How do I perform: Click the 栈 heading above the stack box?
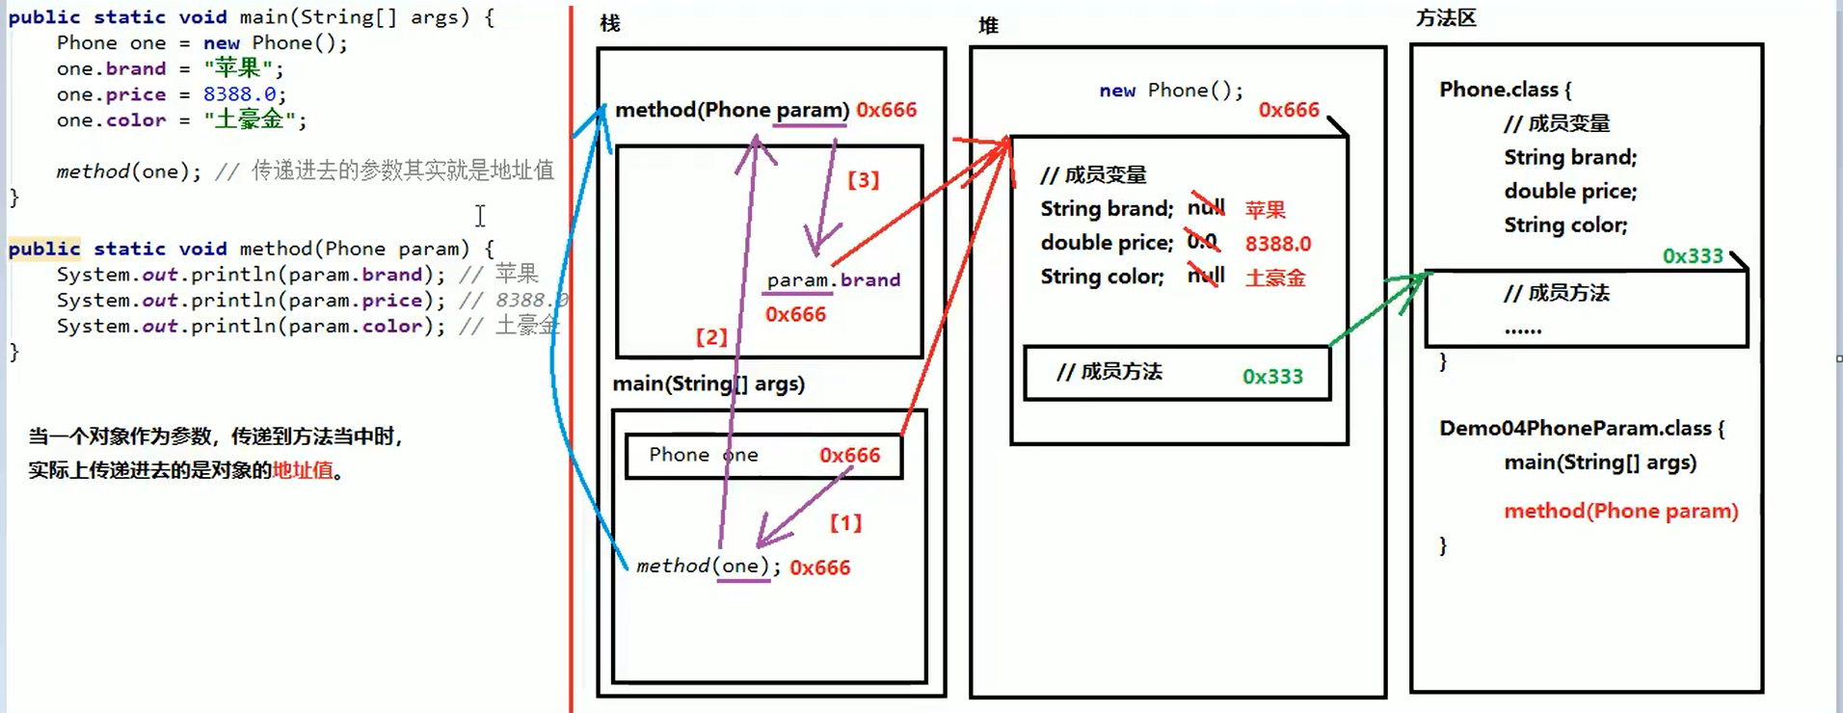[x=609, y=23]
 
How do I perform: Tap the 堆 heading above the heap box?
[x=988, y=26]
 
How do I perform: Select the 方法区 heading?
[x=1446, y=18]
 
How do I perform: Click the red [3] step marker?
[x=863, y=180]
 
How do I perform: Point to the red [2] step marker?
[x=711, y=337]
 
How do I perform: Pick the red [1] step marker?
[x=845, y=523]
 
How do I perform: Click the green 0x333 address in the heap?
[x=1272, y=377]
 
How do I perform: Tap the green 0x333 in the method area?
[x=1693, y=256]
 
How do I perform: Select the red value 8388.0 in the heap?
[x=1278, y=244]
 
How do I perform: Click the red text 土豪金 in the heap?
[x=1275, y=278]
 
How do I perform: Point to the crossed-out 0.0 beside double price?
[x=1202, y=242]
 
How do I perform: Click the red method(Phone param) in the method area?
[x=1621, y=511]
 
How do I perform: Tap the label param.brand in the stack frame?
[x=834, y=280]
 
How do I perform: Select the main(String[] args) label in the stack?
[x=708, y=383]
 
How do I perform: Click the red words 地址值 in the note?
[x=303, y=470]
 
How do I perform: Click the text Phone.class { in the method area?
[x=1505, y=90]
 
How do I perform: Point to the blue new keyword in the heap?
[x=1117, y=91]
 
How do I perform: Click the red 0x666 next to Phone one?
[x=849, y=455]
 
